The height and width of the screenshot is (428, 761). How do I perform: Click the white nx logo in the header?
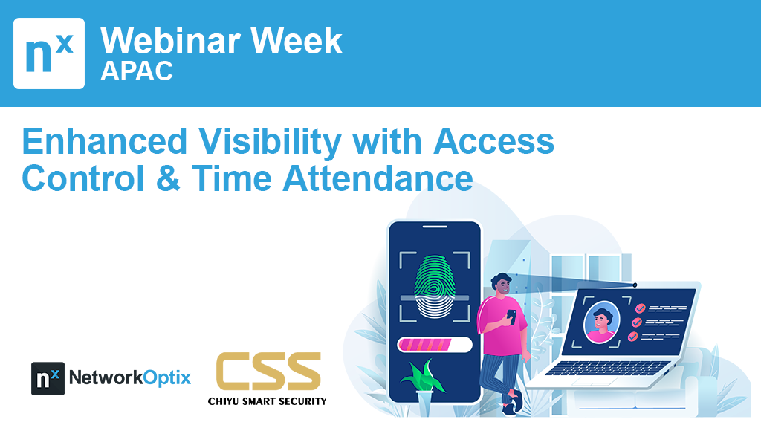pos(49,53)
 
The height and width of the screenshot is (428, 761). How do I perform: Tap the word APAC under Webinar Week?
pos(137,71)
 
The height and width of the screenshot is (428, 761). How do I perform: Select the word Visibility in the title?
pos(270,142)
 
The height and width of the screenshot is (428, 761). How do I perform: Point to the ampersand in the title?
pos(168,178)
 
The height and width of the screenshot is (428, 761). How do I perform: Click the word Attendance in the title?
pos(378,178)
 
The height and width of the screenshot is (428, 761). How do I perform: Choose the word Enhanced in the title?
pos(105,141)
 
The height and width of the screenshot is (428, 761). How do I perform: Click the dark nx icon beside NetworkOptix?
pos(48,378)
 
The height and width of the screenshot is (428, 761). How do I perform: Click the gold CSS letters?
pos(268,372)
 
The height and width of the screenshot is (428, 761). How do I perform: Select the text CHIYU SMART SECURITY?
pos(267,401)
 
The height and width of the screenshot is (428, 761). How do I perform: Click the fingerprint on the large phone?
pos(435,286)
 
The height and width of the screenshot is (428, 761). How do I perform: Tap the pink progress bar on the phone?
pos(424,345)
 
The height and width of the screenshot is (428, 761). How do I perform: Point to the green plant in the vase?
pos(423,375)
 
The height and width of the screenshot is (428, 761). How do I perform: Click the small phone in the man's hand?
pos(511,317)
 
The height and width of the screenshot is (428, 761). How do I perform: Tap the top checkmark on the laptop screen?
pos(641,308)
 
